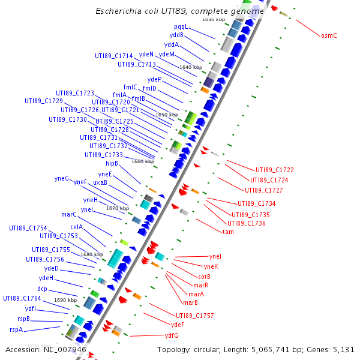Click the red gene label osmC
tap(329, 35)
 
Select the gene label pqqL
tap(181, 27)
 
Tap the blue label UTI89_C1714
tap(113, 56)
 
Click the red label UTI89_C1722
tap(275, 170)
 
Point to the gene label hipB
tap(112, 163)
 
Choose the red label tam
tap(228, 232)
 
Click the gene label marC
tap(69, 214)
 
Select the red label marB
tap(190, 302)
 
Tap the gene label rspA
tap(16, 329)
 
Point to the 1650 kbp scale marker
tap(167, 115)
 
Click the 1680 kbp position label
tap(92, 254)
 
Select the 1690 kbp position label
tap(65, 300)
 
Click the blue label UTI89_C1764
tap(22, 298)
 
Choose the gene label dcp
tap(42, 289)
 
